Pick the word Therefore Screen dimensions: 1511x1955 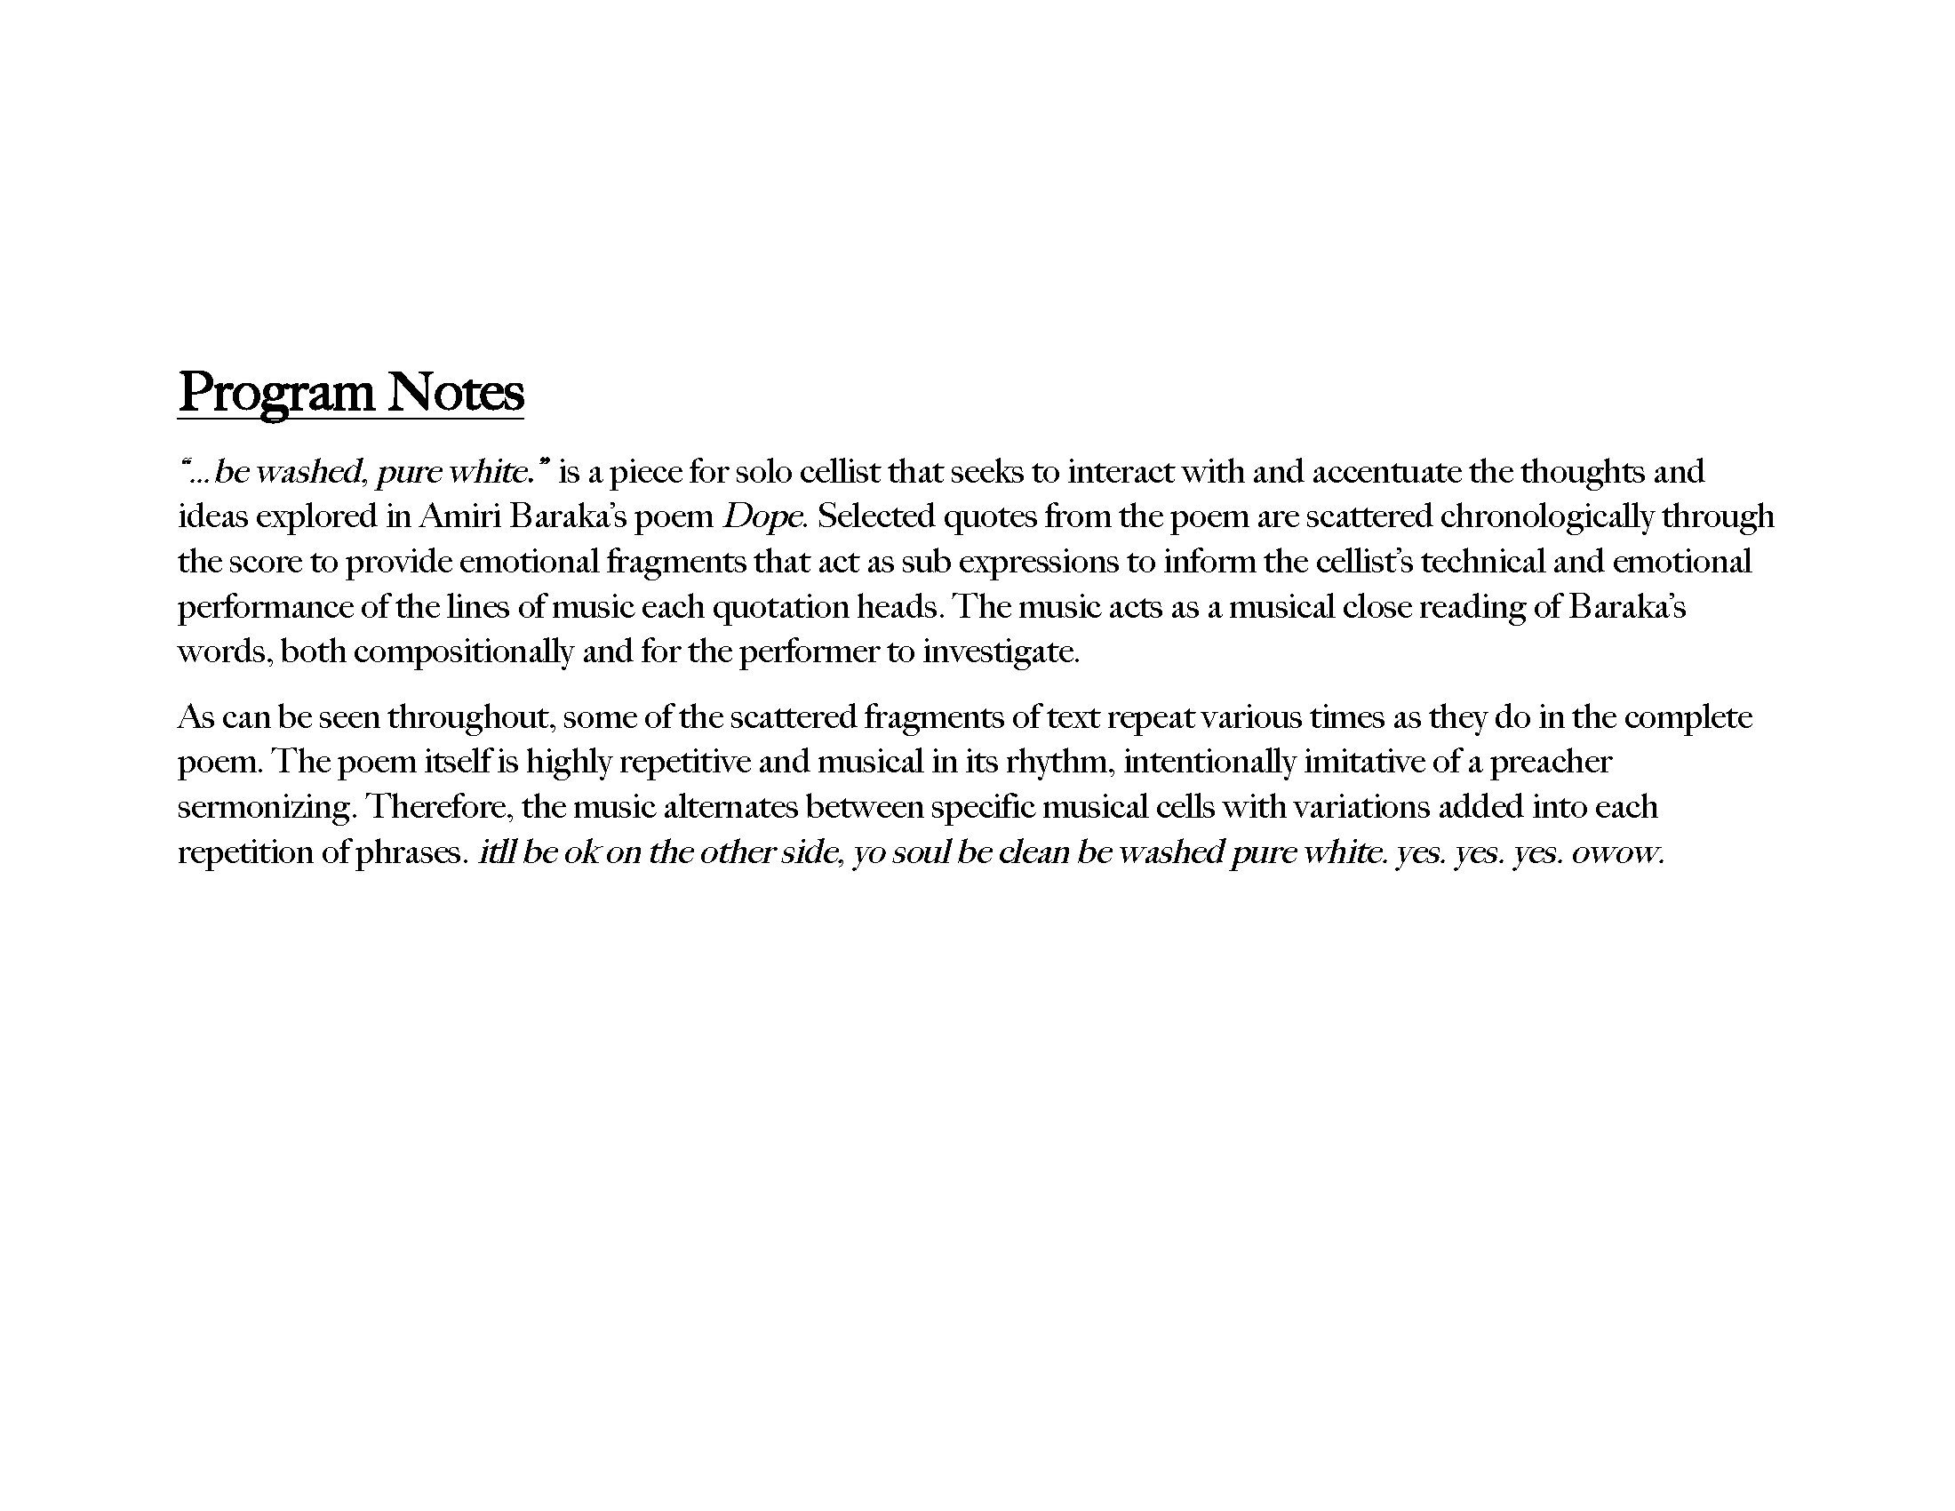click(x=440, y=807)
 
